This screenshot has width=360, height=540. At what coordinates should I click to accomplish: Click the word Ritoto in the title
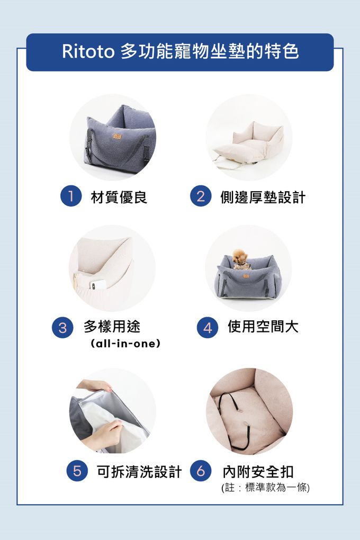coord(88,52)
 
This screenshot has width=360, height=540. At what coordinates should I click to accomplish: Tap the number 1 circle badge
coord(70,196)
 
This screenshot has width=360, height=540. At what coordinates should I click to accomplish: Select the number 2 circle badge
coord(201,196)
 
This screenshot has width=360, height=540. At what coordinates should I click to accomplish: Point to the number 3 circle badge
coord(62,327)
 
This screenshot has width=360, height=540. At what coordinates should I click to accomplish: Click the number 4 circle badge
coord(208,327)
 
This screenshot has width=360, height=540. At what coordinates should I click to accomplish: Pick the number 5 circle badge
coord(77,471)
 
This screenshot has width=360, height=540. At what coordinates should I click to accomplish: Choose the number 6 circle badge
coord(201,471)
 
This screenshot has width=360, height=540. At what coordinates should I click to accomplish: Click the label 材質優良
coord(119,197)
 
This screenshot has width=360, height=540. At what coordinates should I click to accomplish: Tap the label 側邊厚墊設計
coord(263,197)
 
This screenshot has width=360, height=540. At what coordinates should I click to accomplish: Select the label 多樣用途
coord(112,326)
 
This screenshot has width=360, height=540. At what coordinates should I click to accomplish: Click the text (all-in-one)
coord(125,344)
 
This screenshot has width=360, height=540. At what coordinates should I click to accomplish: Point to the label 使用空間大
coord(263,326)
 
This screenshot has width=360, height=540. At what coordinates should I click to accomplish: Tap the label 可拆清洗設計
coord(139,472)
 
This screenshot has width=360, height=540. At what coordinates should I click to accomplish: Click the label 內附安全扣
coord(258,472)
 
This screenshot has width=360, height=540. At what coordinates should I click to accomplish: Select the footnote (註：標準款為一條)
coord(265,488)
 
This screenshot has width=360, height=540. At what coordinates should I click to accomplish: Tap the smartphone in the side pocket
coord(98,284)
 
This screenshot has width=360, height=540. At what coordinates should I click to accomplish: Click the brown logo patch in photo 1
coord(117,137)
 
